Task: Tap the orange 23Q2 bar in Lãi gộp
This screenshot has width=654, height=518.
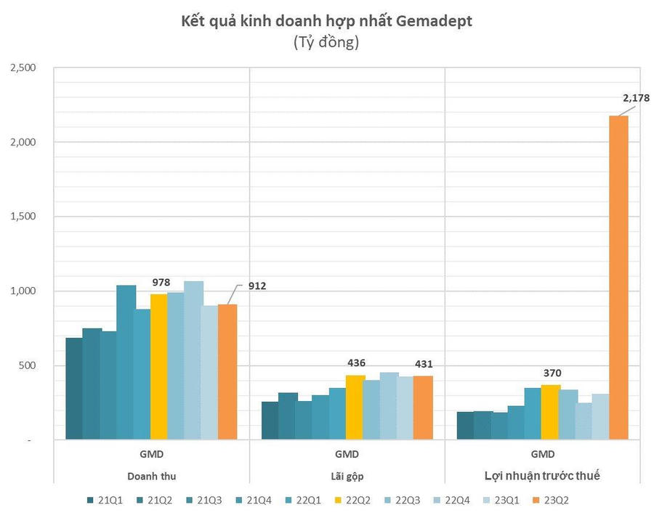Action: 422,408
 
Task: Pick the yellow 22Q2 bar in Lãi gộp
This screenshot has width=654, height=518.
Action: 355,407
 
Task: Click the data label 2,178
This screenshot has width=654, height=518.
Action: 634,97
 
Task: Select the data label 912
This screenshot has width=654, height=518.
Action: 256,286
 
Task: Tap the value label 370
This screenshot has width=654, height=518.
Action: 550,373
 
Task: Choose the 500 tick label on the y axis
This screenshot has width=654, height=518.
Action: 27,365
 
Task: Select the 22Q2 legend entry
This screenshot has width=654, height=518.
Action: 355,500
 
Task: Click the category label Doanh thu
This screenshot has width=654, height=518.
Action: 151,477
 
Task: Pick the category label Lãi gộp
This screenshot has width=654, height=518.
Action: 347,477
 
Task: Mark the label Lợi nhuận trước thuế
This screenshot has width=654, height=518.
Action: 542,477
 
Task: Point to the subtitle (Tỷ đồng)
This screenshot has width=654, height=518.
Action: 326,43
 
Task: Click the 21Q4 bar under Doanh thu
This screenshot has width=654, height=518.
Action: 126,363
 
